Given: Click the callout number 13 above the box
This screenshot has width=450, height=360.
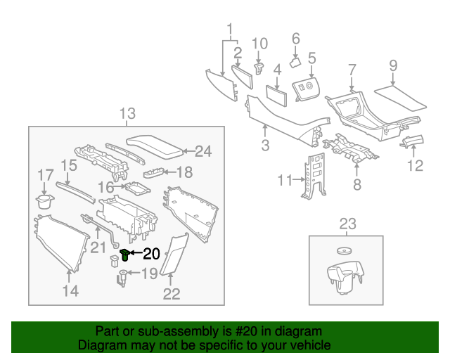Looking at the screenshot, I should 127,114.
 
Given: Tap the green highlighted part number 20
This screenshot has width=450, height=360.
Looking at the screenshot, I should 126,253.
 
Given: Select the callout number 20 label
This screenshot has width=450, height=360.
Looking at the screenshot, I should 152,254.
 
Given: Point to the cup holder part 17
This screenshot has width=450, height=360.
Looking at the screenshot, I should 44,202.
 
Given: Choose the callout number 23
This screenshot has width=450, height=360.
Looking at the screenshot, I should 348,224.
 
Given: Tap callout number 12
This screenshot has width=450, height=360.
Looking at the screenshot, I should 416,166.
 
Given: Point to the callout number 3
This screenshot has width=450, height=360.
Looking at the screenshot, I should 265,146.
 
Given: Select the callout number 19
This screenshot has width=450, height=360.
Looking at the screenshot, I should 150,274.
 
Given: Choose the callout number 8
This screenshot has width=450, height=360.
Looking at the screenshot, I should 356,186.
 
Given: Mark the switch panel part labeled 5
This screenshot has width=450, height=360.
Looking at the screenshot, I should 307,89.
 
